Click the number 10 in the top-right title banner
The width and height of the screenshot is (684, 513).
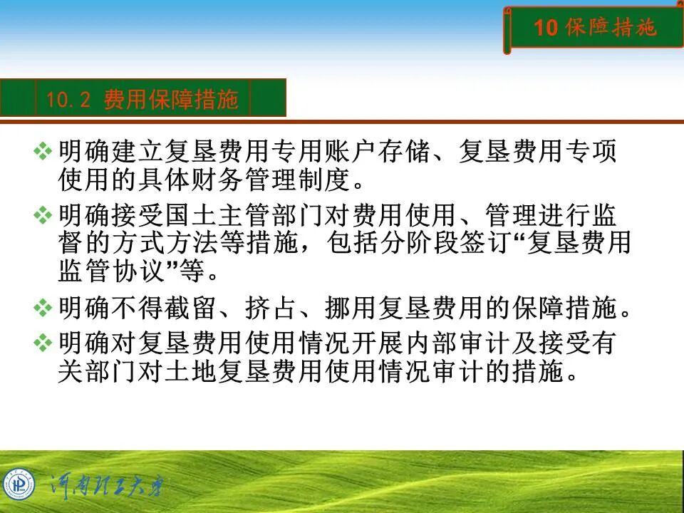click(545, 28)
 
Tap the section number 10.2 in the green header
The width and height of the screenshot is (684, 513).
click(68, 100)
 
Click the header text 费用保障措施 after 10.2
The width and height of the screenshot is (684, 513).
click(171, 100)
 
